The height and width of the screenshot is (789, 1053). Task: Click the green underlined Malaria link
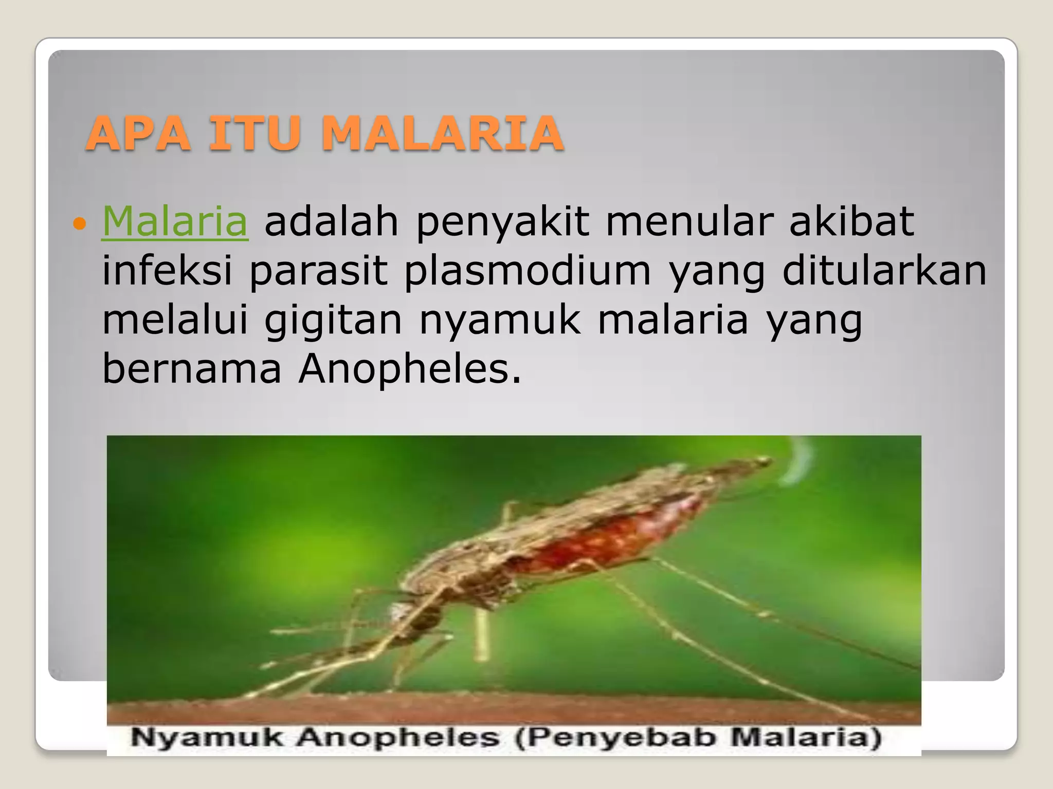175,222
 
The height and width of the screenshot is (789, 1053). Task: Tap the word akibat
851,222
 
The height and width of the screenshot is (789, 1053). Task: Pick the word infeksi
167,271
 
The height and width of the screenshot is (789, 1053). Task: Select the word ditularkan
884,271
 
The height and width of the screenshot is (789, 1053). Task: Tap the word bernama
192,368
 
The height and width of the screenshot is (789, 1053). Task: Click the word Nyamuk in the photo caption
206,738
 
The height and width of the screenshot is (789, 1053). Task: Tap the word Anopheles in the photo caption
398,738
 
